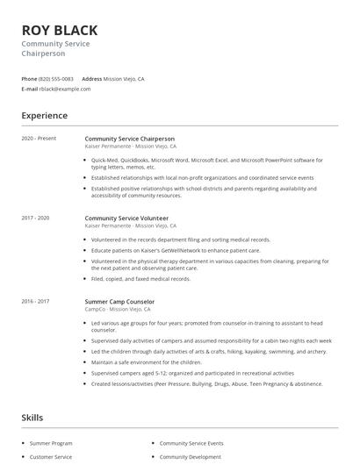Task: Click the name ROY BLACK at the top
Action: pos(59,31)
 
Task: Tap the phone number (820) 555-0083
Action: pos(56,79)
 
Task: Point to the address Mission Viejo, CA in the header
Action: pos(124,79)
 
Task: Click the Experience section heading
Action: pos(44,116)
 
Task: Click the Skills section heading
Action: pos(32,418)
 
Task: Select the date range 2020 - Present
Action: pos(39,139)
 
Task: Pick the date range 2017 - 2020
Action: pos(35,218)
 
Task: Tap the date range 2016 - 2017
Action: pos(35,302)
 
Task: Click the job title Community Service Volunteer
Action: pos(126,218)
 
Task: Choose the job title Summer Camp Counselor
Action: pos(120,302)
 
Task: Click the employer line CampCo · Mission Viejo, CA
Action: pos(119,310)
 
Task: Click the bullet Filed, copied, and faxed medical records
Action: pos(140,279)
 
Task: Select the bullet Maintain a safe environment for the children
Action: pos(147,361)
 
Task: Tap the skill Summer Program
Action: pos(52,444)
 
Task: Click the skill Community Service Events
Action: pos(191,444)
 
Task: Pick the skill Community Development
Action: pos(191,457)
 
